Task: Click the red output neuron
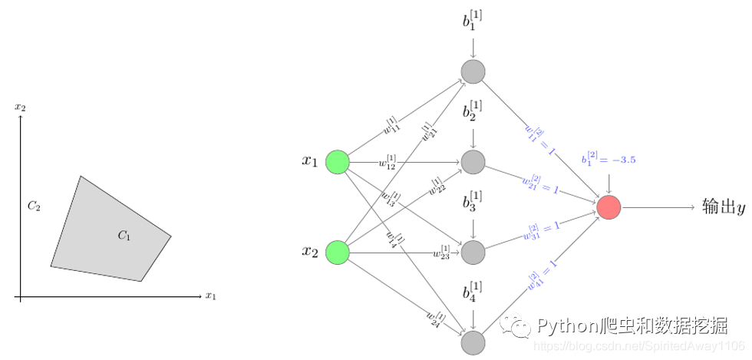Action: pyautogui.click(x=609, y=207)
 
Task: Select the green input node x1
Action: pyautogui.click(x=338, y=162)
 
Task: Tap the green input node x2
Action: pyautogui.click(x=338, y=252)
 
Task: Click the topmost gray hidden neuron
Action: pyautogui.click(x=473, y=71)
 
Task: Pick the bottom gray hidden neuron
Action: pyautogui.click(x=473, y=342)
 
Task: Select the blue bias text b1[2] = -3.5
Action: pyautogui.click(x=609, y=159)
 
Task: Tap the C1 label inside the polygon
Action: pyautogui.click(x=124, y=236)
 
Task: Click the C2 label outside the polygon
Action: pyautogui.click(x=33, y=206)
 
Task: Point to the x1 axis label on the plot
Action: pyautogui.click(x=211, y=296)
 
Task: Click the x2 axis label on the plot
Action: pyautogui.click(x=21, y=107)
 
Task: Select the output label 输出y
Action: pyautogui.click(x=724, y=207)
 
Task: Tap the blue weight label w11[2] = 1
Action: pyautogui.click(x=540, y=139)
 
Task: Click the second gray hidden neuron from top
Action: pyautogui.click(x=473, y=162)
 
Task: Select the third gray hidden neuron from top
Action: pyautogui.click(x=473, y=252)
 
